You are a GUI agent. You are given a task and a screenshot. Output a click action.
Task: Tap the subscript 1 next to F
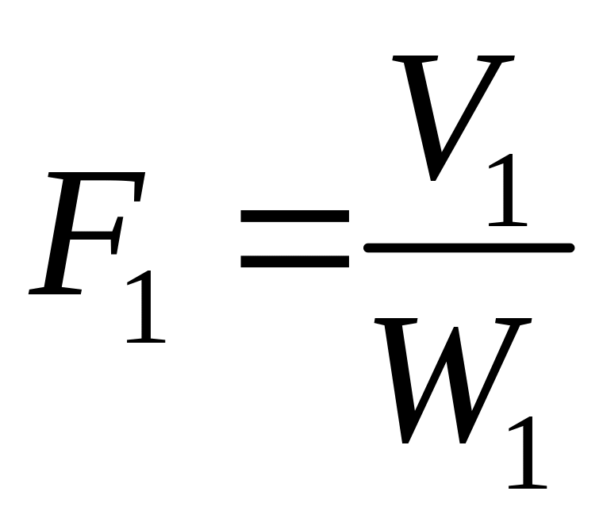pyautogui.click(x=146, y=306)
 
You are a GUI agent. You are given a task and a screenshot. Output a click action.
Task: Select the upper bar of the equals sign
pyautogui.click(x=294, y=216)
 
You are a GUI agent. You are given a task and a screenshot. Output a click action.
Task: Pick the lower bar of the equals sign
pyautogui.click(x=294, y=261)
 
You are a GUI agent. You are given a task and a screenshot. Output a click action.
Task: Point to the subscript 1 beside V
pyautogui.click(x=508, y=190)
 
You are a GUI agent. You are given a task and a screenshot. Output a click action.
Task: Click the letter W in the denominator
pyautogui.click(x=453, y=381)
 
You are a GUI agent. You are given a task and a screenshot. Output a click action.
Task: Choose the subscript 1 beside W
pyautogui.click(x=528, y=452)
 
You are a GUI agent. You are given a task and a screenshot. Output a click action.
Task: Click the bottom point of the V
pyautogui.click(x=433, y=179)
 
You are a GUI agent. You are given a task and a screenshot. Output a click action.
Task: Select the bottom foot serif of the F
pyautogui.click(x=55, y=291)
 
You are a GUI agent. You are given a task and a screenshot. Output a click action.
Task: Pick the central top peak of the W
pyautogui.click(x=455, y=328)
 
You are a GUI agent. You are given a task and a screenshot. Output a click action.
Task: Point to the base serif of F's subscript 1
pyautogui.click(x=146, y=340)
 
